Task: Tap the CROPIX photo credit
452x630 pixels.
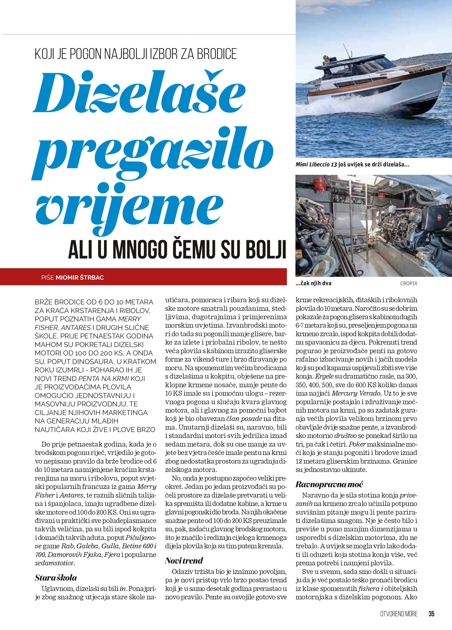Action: point(409,284)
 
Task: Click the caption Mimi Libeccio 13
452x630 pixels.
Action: point(316,165)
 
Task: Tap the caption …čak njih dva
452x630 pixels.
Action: point(314,284)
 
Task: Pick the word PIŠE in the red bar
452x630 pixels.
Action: point(47,277)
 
